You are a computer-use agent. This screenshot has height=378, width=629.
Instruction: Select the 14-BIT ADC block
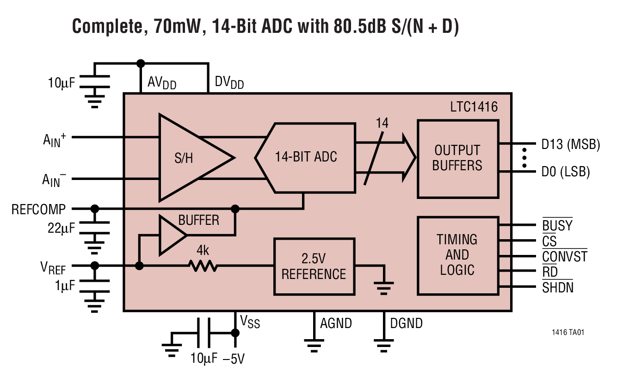(306, 157)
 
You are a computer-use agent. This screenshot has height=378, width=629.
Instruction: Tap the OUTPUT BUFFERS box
(457, 158)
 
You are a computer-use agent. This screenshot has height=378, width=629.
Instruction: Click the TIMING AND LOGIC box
(457, 255)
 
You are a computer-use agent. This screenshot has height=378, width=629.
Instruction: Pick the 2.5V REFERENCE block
(314, 266)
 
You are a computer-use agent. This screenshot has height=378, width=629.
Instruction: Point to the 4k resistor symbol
(202, 266)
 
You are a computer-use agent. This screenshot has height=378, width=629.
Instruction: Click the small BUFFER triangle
(170, 235)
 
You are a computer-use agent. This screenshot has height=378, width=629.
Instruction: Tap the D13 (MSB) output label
(570, 145)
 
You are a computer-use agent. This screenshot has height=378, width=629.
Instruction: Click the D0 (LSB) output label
(566, 172)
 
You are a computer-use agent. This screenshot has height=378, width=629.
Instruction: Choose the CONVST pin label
(564, 256)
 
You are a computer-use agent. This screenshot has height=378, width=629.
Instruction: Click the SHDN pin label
(557, 287)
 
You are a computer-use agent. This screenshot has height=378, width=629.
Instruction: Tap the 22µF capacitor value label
(62, 228)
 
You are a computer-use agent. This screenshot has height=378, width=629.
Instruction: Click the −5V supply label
(233, 359)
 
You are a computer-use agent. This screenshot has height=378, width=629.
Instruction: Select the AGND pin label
(336, 323)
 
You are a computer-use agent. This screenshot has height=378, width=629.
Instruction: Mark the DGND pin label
(406, 323)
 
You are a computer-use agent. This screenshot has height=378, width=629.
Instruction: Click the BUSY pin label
(557, 225)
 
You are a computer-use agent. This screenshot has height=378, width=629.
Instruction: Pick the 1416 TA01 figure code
(570, 333)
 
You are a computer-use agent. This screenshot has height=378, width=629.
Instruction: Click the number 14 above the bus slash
(382, 123)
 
